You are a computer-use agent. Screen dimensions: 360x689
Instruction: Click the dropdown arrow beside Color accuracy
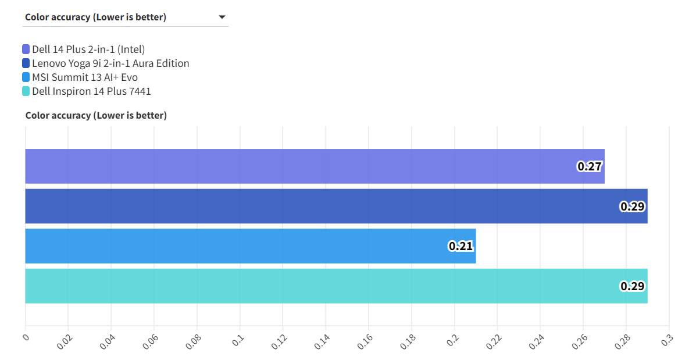(222, 17)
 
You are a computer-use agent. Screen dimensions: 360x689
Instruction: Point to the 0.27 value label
(589, 167)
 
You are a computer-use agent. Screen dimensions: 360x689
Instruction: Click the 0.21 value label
(460, 246)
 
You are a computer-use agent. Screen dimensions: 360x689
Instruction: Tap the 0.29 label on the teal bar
(633, 286)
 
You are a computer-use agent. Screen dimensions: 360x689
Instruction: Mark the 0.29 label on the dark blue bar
(633, 206)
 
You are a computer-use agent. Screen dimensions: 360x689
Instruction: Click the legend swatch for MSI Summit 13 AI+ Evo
(26, 77)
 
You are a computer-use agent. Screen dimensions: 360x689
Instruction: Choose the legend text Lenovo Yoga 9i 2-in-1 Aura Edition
(110, 63)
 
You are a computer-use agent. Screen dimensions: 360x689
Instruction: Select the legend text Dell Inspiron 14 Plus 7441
(91, 91)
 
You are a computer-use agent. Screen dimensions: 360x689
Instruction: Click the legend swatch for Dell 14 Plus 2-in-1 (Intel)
(26, 49)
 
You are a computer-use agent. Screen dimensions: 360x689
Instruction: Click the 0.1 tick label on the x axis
(238, 340)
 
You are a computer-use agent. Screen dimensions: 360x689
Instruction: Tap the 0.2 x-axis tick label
(453, 340)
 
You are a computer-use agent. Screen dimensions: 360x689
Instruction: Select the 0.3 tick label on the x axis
(667, 340)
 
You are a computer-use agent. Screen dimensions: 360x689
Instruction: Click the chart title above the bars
(96, 115)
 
